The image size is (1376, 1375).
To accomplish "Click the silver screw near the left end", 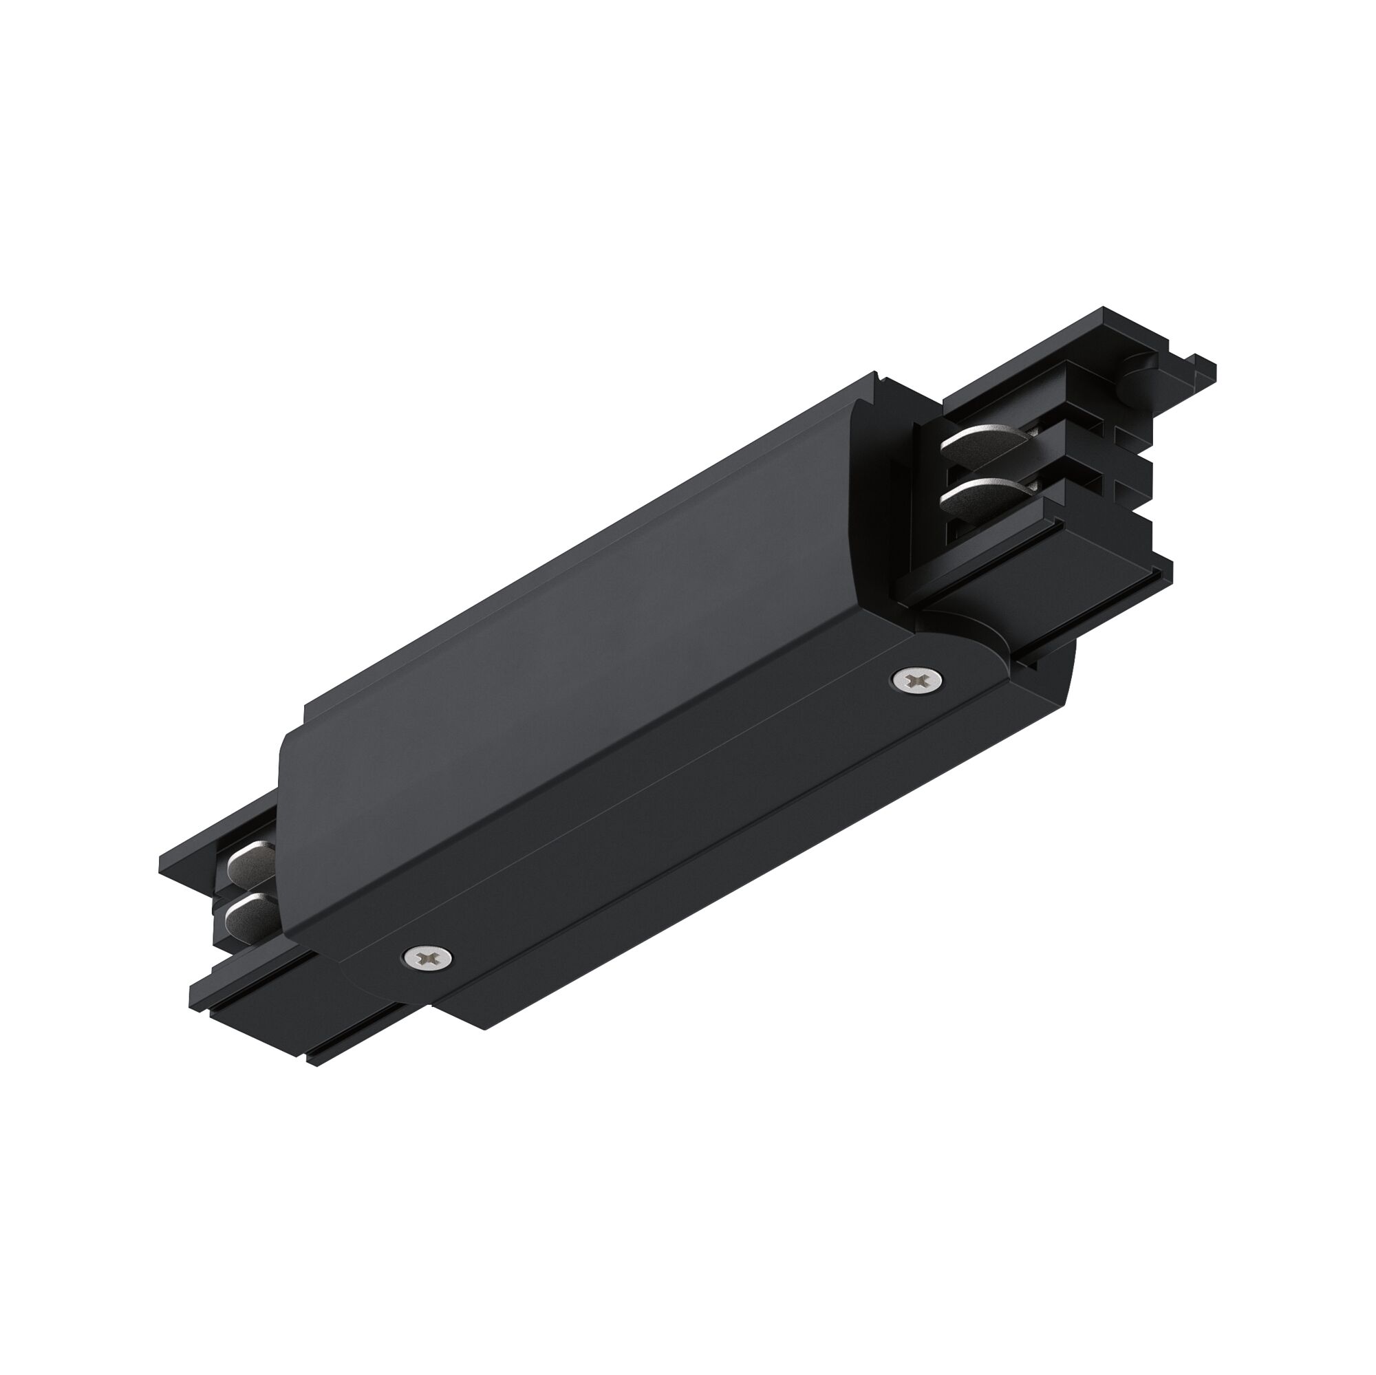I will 429,955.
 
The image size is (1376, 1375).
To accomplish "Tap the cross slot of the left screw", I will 429,955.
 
